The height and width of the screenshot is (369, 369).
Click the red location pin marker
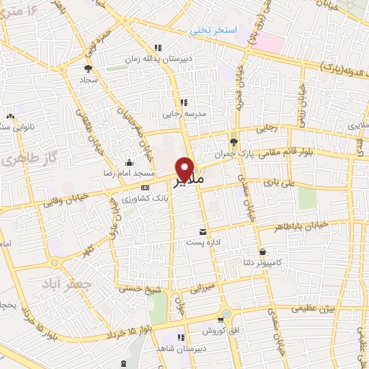tap(186, 169)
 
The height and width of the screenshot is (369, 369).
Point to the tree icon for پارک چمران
tap(233, 141)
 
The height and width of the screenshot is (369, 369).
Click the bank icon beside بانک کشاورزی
tap(145, 187)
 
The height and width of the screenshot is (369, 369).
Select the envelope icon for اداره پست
tap(203, 232)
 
